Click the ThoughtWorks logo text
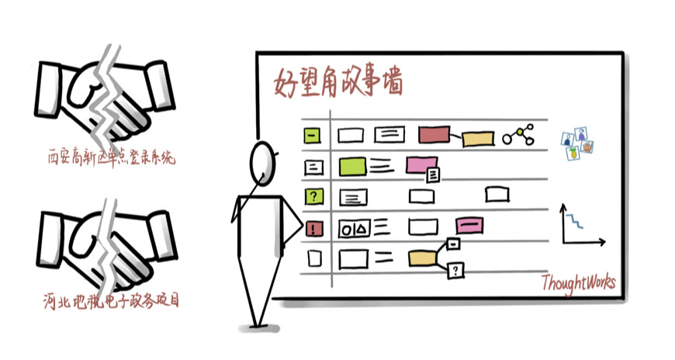(x=579, y=282)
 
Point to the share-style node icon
(x=518, y=137)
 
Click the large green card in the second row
(x=352, y=165)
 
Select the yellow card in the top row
(x=478, y=140)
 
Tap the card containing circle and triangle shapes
(x=355, y=228)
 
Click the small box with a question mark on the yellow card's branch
(x=457, y=270)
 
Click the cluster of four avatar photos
(x=578, y=142)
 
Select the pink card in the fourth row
(x=471, y=224)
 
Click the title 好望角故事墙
(x=338, y=81)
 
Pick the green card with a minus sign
(x=312, y=136)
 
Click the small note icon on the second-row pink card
(x=434, y=175)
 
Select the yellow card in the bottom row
(x=422, y=258)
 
